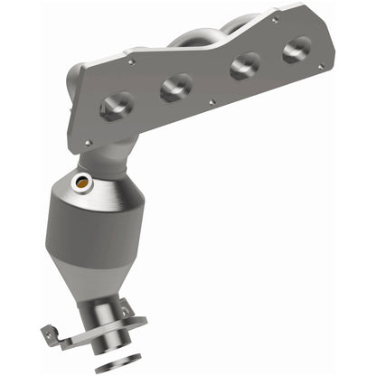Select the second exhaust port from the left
click(x=176, y=88)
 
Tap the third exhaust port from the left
click(x=243, y=67)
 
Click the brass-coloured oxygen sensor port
click(x=85, y=184)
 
